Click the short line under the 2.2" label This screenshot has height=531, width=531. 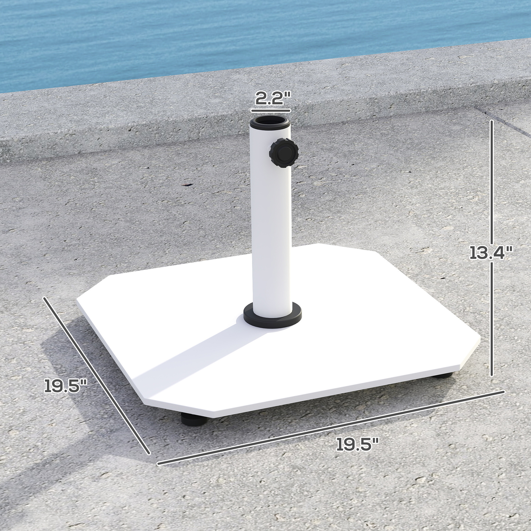[x=271, y=110]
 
